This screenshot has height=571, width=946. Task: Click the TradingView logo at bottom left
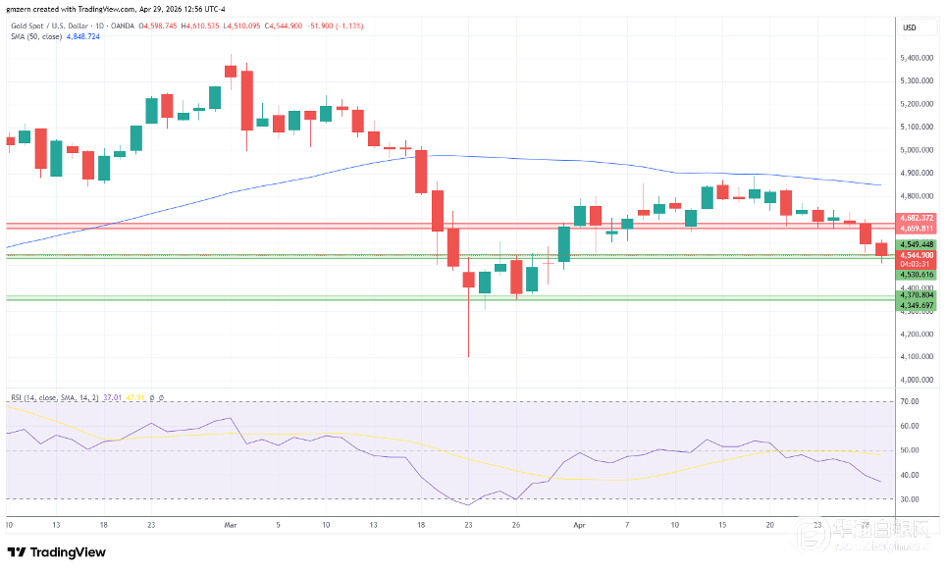point(56,552)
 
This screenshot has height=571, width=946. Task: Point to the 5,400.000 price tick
point(915,58)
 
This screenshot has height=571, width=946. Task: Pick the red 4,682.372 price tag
point(915,218)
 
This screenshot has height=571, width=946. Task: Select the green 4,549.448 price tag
point(915,244)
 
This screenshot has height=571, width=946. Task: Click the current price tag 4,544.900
point(915,255)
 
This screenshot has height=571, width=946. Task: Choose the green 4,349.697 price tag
point(915,306)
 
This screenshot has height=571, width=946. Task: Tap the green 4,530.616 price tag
point(915,275)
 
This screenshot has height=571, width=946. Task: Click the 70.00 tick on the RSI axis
point(909,402)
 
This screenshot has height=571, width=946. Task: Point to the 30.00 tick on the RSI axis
point(909,499)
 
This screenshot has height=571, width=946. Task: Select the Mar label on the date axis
point(231,525)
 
